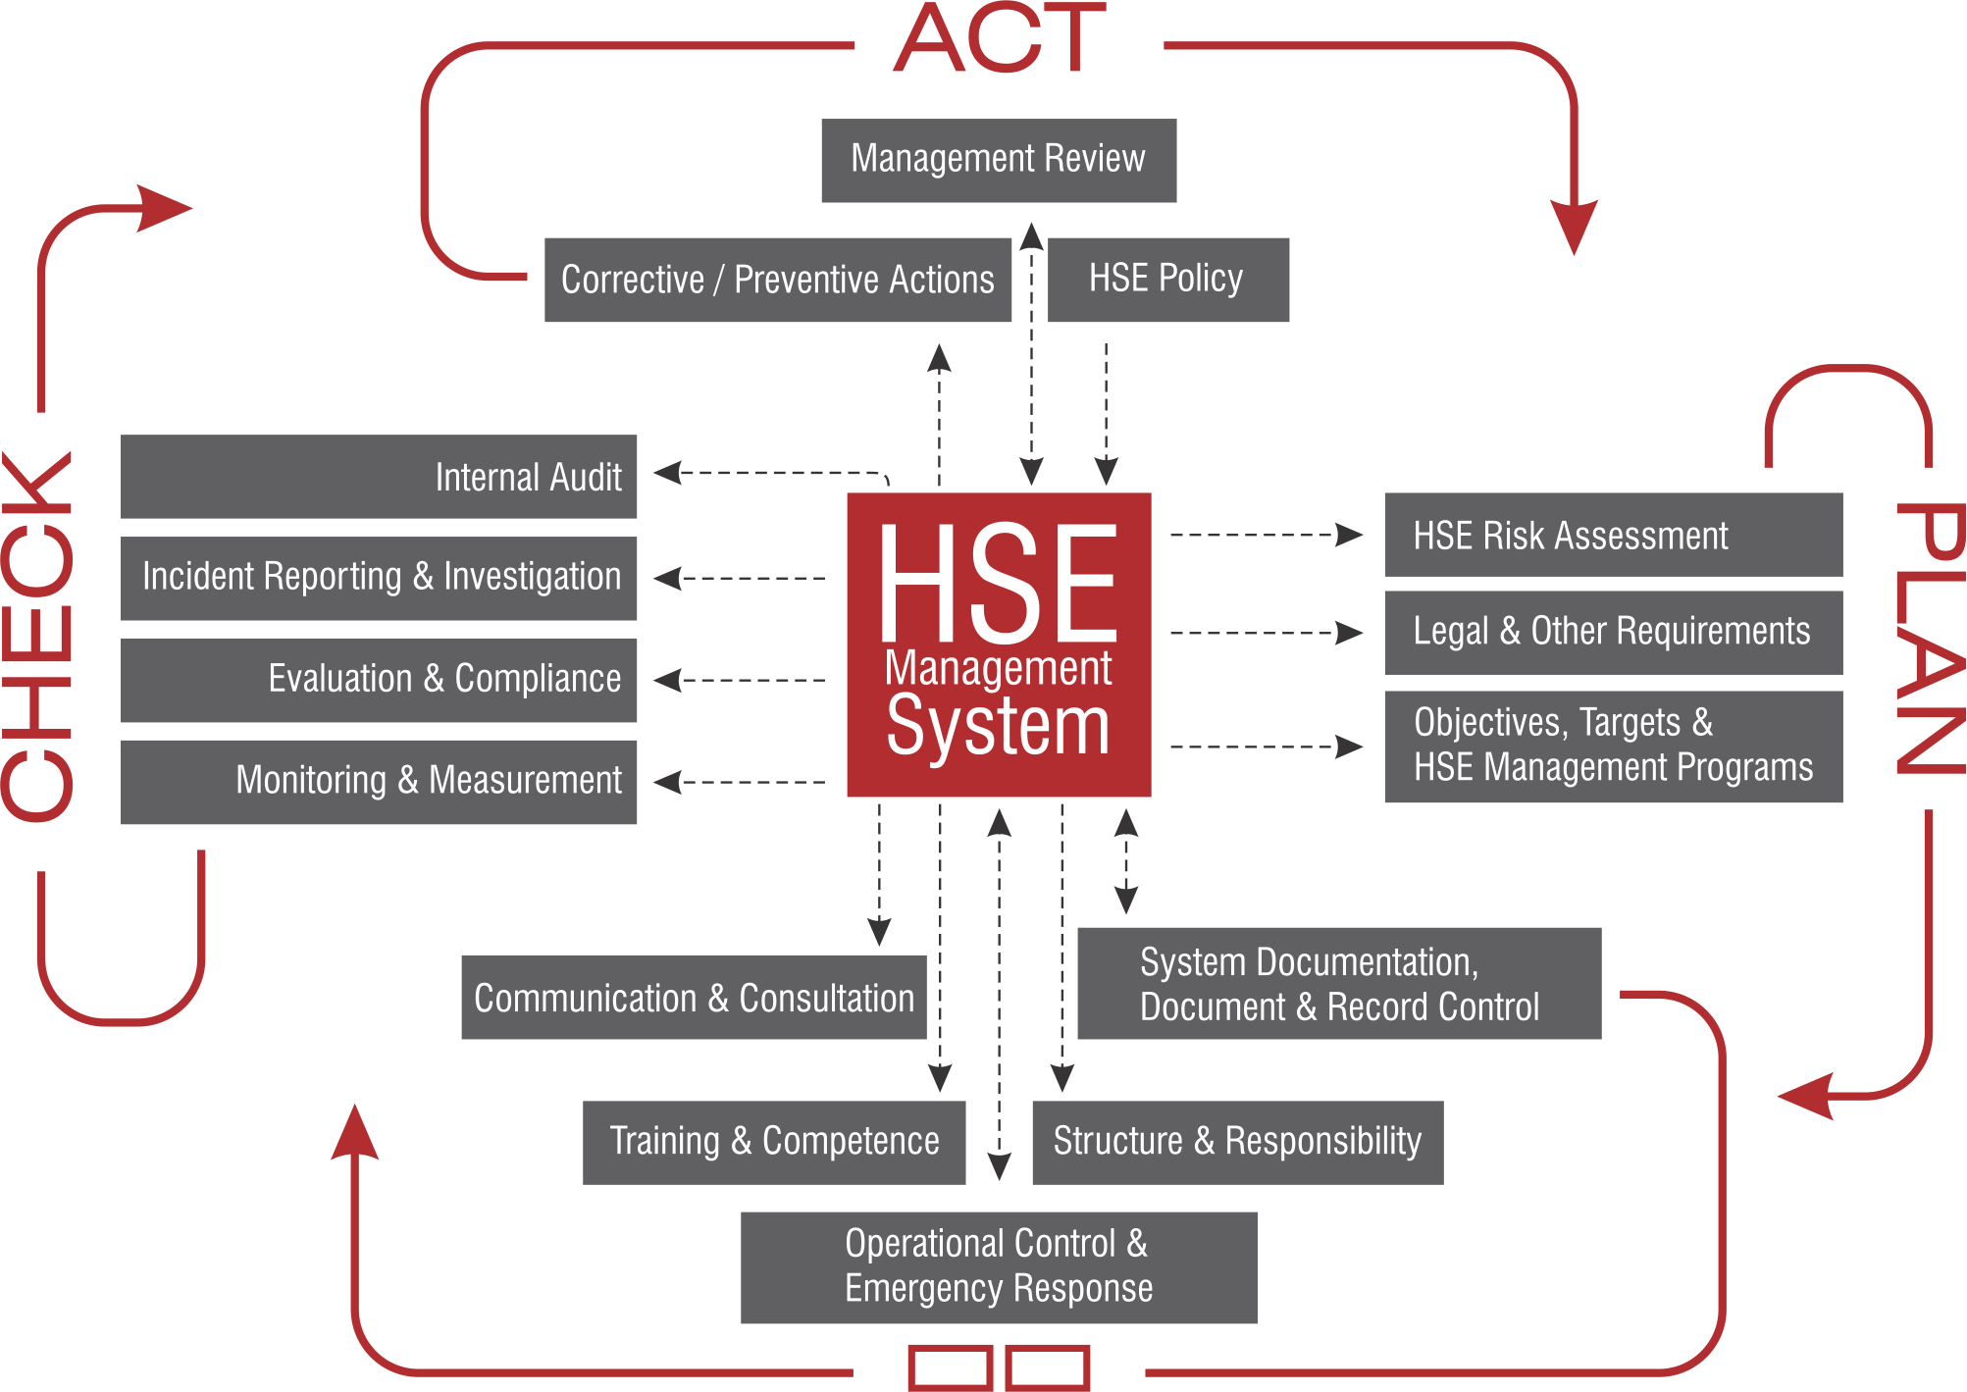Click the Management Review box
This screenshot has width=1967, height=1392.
pyautogui.click(x=998, y=160)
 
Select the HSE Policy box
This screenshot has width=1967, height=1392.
pyautogui.click(x=1167, y=280)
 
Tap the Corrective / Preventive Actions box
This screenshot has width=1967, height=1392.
pyautogui.click(x=777, y=280)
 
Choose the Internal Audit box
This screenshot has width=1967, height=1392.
pyautogui.click(x=379, y=477)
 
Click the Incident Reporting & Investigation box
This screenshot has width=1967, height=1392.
pyautogui.click(x=379, y=578)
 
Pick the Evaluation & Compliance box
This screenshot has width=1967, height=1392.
pyautogui.click(x=379, y=680)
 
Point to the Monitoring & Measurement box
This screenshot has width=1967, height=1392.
pyautogui.click(x=379, y=782)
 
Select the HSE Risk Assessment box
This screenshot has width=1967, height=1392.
pyautogui.click(x=1612, y=535)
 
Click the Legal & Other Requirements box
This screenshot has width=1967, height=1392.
pyautogui.click(x=1612, y=632)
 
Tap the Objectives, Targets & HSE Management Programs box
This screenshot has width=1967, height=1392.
pyautogui.click(x=1612, y=746)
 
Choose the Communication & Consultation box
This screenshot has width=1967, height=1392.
pyautogui.click(x=694, y=998)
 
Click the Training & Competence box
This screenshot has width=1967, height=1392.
pyautogui.click(x=773, y=1142)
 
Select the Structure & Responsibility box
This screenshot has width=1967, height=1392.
pyautogui.click(x=1236, y=1142)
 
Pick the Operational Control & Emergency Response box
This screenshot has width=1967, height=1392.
pyautogui.click(x=998, y=1266)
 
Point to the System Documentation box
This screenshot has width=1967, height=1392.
pyautogui.click(x=1338, y=983)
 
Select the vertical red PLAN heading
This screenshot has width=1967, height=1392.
pyautogui.click(x=1929, y=638)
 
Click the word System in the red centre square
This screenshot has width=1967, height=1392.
pyautogui.click(x=998, y=728)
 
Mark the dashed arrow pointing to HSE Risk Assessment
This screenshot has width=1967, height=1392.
pyautogui.click(x=1266, y=535)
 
